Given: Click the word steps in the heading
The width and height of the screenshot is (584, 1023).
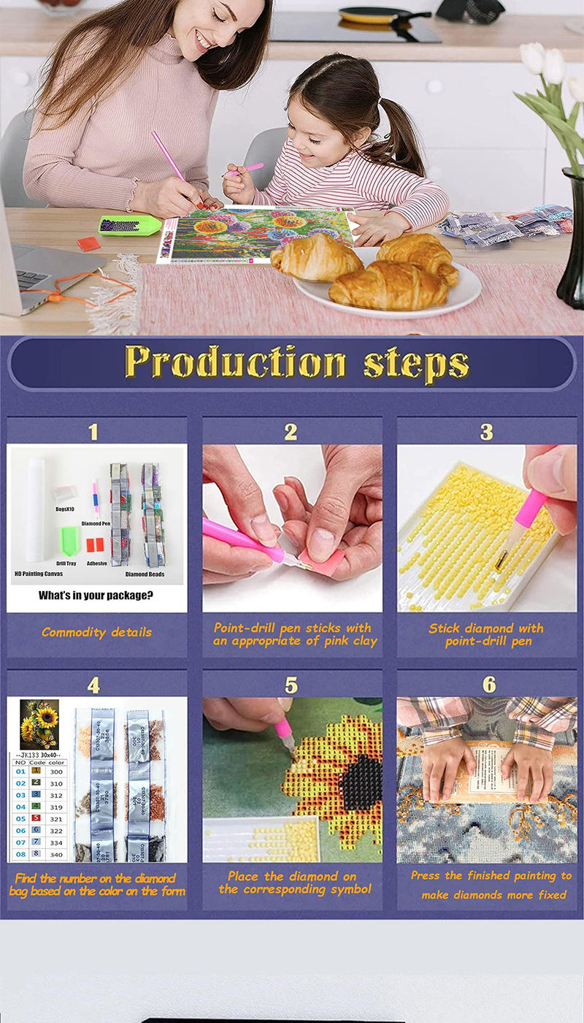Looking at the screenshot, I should tap(417, 363).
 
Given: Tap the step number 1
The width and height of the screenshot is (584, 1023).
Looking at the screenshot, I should tap(93, 432).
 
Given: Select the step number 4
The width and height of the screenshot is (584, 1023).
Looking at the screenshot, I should tap(93, 685).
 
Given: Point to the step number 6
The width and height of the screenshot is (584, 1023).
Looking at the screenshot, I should tap(488, 685).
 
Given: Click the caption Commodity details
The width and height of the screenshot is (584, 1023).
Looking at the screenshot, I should tap(96, 632).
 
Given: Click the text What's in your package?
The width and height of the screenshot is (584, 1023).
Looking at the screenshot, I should tap(96, 596).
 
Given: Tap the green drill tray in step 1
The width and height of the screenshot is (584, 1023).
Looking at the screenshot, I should tap(69, 540).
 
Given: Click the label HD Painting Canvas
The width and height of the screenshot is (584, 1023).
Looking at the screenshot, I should tap(39, 574).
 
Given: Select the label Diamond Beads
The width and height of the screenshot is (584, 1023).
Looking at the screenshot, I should tap(144, 574).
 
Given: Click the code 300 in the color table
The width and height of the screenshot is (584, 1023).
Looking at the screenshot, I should tap(56, 772).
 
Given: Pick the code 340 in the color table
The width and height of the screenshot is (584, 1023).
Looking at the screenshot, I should tap(56, 854).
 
